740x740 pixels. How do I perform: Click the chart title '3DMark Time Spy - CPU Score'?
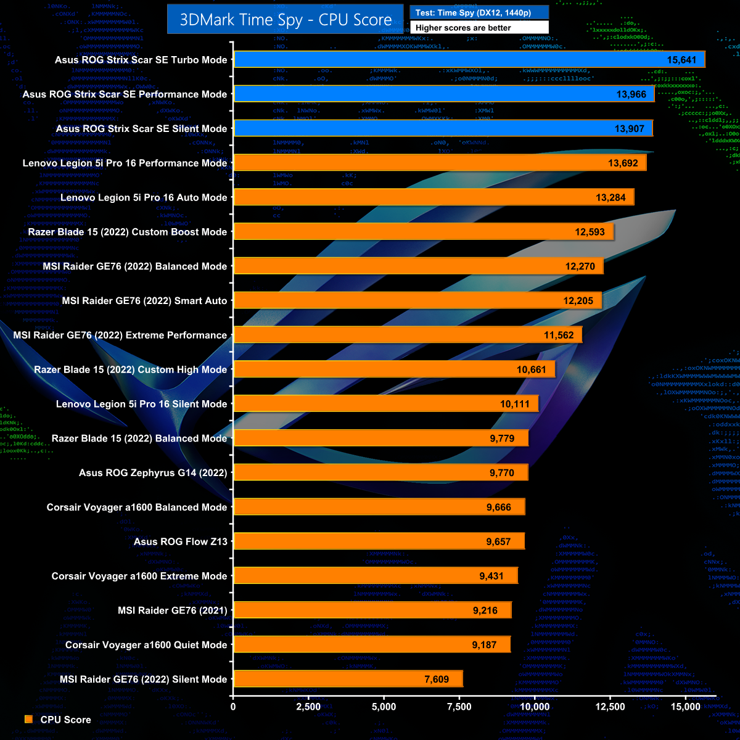click(x=286, y=20)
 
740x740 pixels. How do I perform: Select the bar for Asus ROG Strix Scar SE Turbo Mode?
click(x=469, y=60)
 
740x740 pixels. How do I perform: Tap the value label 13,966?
click(x=630, y=94)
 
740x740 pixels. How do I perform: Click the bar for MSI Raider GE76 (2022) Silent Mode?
click(x=348, y=679)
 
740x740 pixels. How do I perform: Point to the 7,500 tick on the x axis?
click(x=459, y=707)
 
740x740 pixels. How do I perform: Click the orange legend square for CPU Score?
click(x=28, y=720)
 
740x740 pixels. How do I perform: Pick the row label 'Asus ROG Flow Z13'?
click(x=181, y=541)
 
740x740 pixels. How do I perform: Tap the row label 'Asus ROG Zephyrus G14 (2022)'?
click(x=153, y=473)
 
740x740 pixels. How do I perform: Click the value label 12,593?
click(x=590, y=232)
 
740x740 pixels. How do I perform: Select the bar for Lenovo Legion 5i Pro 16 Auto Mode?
click(x=434, y=197)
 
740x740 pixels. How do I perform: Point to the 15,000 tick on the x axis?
click(x=686, y=707)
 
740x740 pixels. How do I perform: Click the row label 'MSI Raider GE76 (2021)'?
click(x=173, y=610)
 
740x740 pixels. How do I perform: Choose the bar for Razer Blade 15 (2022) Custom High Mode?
click(x=394, y=369)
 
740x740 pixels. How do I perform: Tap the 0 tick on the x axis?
click(x=233, y=707)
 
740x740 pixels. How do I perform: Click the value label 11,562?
click(x=559, y=335)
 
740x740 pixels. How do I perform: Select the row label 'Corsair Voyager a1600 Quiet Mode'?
click(x=146, y=645)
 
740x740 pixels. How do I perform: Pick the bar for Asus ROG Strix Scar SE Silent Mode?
click(x=443, y=129)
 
